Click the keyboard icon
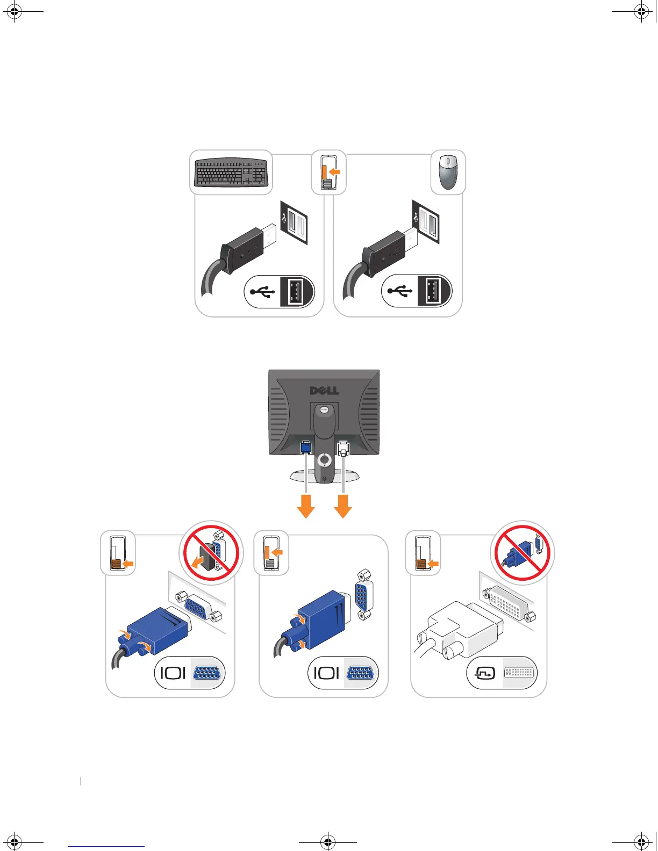[x=231, y=172]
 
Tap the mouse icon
[x=448, y=172]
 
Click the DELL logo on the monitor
[x=324, y=390]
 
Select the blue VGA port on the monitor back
[x=305, y=447]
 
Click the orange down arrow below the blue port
[x=306, y=506]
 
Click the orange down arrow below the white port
[x=343, y=506]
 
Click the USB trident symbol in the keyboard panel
[x=263, y=292]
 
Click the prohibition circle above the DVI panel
[x=522, y=553]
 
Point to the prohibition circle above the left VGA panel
[x=211, y=553]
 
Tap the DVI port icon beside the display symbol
[x=520, y=672]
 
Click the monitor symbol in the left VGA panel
[x=173, y=673]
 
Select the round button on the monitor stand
[x=325, y=460]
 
